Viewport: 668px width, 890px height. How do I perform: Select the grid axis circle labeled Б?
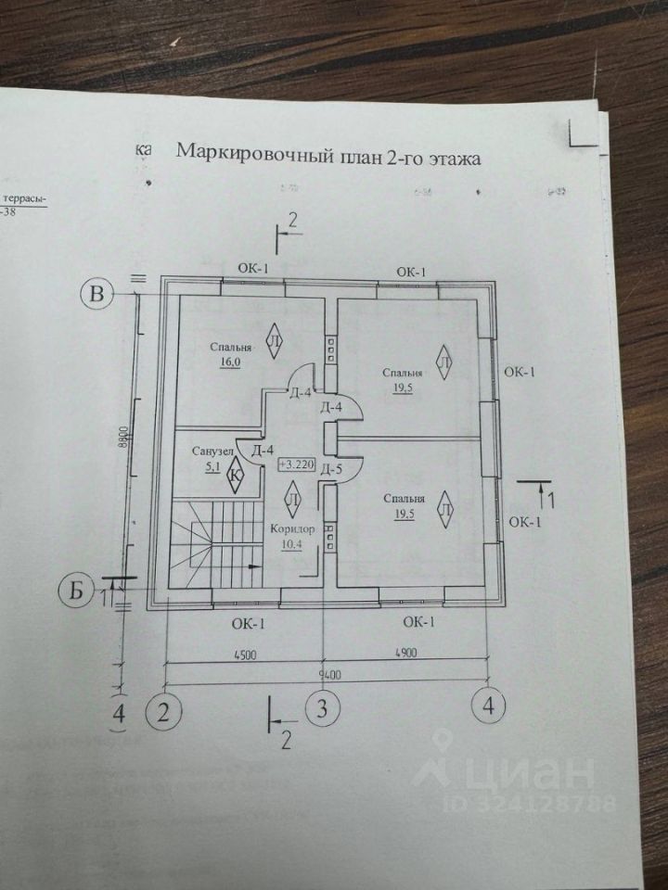tap(79, 589)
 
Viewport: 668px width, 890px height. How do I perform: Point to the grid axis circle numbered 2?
tap(163, 711)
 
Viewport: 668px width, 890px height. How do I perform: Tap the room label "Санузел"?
tap(211, 451)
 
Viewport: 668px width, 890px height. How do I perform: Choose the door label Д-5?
tap(332, 468)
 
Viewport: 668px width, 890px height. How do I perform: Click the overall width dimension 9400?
tap(323, 674)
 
